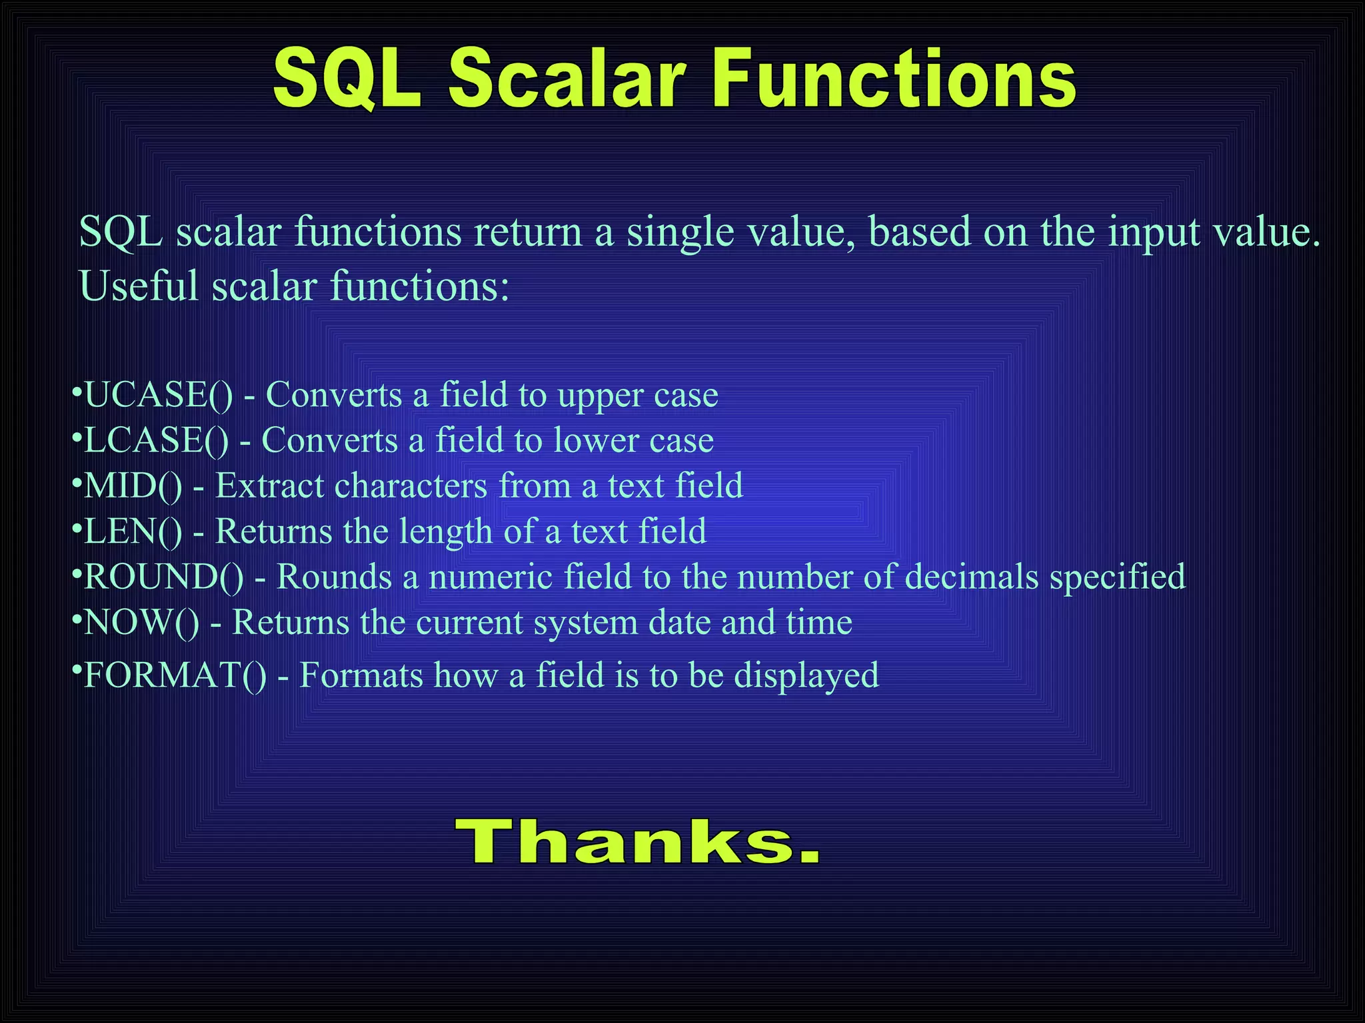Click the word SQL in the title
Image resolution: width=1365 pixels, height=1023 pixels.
[x=347, y=79]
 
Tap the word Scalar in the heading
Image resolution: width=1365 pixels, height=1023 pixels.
[x=567, y=79]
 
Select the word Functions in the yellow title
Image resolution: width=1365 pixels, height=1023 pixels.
[x=893, y=79]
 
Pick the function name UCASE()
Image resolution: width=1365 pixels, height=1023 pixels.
[x=159, y=395]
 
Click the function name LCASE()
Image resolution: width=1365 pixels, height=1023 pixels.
[x=156, y=440]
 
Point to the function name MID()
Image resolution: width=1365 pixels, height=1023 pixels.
[x=133, y=486]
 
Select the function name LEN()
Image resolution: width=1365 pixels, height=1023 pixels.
[x=133, y=531]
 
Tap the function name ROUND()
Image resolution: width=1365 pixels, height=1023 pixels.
[x=164, y=577]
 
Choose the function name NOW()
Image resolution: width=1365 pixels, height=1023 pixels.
[x=141, y=622]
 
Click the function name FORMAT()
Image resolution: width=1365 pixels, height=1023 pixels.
[x=175, y=675]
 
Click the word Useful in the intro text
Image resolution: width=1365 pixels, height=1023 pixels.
[x=139, y=286]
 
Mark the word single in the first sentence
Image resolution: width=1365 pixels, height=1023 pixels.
[x=680, y=233]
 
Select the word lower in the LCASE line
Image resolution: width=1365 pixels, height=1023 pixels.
[x=596, y=441]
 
